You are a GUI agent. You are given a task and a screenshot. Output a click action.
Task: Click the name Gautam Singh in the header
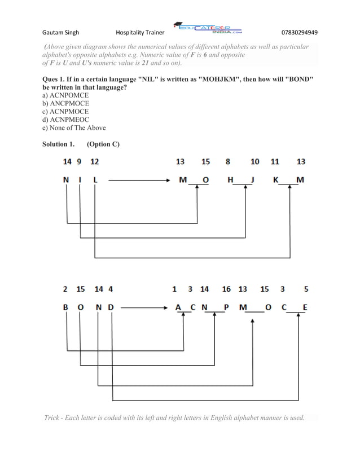(63, 32)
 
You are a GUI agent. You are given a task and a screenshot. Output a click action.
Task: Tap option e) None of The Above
(74, 128)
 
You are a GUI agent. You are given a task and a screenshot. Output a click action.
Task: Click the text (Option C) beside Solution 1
(103, 144)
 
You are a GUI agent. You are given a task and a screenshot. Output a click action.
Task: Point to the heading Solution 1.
(59, 144)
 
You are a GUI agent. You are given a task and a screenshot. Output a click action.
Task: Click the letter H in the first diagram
(230, 180)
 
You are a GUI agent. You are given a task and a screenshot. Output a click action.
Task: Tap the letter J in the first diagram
(254, 180)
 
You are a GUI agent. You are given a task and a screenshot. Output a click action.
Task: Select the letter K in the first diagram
(275, 180)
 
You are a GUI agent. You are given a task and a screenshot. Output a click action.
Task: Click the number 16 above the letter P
(226, 289)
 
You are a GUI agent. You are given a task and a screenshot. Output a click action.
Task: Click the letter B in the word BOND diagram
(66, 307)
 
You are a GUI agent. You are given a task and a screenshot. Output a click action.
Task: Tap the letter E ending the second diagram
(305, 307)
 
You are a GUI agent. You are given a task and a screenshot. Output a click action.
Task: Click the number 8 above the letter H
(228, 162)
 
